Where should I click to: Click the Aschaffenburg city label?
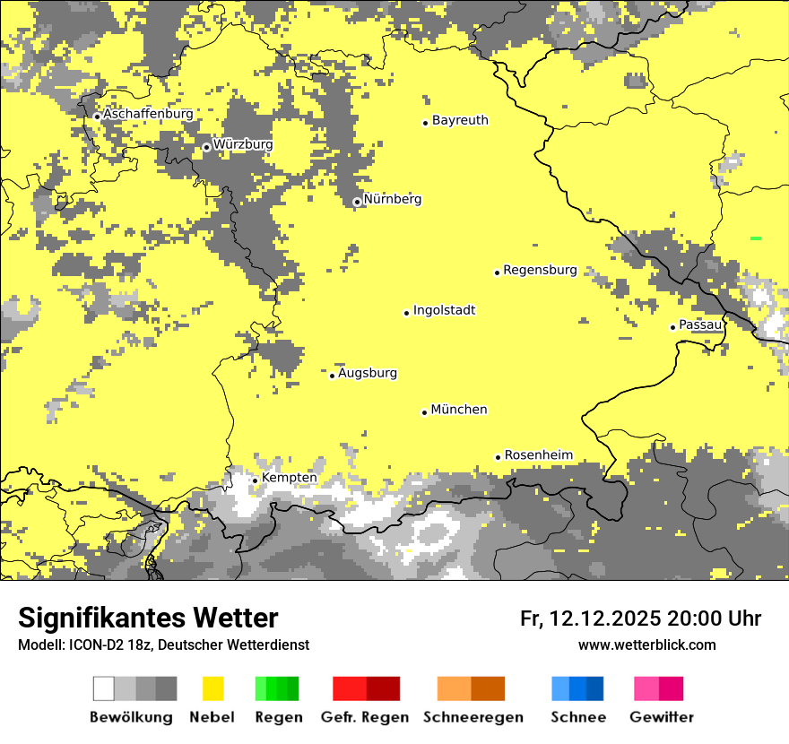coord(148,115)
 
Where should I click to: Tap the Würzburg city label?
coord(243,144)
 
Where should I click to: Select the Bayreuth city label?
coord(460,120)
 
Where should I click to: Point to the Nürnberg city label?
coord(392,199)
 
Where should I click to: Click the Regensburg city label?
coord(540,270)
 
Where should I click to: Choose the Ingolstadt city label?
coord(444,310)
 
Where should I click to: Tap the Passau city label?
coord(700,324)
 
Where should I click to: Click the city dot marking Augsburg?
coord(332,376)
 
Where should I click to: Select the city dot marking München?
coord(424,412)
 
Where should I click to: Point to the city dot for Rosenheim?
coord(498,457)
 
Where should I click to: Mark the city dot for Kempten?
coord(255,480)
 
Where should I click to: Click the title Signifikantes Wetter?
coord(148,619)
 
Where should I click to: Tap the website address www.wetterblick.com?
coord(646,645)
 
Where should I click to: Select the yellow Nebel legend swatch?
coord(212,688)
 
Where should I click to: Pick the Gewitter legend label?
coord(661,717)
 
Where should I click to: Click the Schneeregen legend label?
coord(473,717)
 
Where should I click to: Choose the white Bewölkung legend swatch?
coord(104,688)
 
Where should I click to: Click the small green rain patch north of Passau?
coord(756,238)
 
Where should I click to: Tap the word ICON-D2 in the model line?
coord(94,645)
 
